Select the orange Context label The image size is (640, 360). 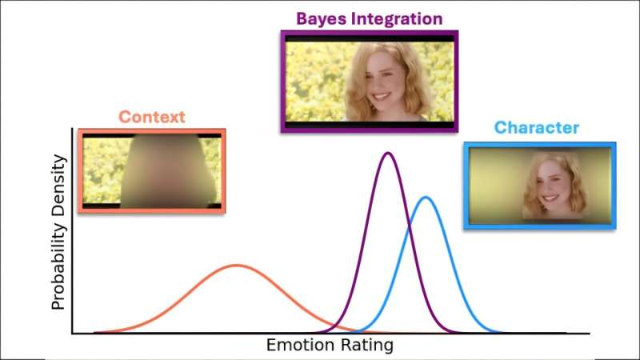tap(151, 117)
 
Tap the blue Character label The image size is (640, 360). tap(536, 127)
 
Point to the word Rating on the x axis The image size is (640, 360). tap(367, 346)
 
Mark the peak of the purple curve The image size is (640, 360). tap(388, 153)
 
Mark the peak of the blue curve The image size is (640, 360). tap(426, 198)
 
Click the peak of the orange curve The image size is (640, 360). tap(235, 265)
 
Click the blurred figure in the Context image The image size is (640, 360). tap(168, 170)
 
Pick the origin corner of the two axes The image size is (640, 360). tap(74, 334)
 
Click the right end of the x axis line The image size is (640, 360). tap(590, 334)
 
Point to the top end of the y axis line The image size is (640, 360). tap(74, 130)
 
